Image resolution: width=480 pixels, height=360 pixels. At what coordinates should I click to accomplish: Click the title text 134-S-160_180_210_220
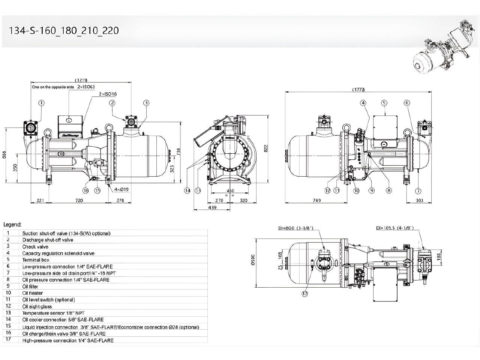coord(64,31)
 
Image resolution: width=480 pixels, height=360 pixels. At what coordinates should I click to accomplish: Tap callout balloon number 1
coord(41,103)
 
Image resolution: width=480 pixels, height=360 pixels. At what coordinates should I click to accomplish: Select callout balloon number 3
coord(146,103)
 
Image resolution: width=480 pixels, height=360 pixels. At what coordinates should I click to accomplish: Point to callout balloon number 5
coord(384,103)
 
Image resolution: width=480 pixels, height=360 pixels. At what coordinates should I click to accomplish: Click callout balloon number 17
coord(304,294)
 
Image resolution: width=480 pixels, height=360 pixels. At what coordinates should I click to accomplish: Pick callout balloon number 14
coord(187,191)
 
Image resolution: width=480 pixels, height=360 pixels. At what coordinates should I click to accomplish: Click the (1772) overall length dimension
coord(358,90)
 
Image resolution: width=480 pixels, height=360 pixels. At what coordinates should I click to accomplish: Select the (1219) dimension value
coord(81,80)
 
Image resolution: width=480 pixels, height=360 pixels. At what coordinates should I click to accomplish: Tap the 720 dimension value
coord(79,201)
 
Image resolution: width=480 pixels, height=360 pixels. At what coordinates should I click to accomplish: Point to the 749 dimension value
coord(316,201)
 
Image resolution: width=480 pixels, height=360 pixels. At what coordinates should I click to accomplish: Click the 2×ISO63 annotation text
coord(86,87)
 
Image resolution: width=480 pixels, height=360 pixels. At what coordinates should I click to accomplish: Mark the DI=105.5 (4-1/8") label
coord(394,228)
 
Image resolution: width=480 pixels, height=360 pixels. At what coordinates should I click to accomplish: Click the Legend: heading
coord(12,225)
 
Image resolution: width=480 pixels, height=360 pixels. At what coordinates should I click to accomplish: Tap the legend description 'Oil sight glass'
coord(37,306)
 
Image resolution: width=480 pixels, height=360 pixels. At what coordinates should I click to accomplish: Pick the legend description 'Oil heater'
coord(33,293)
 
